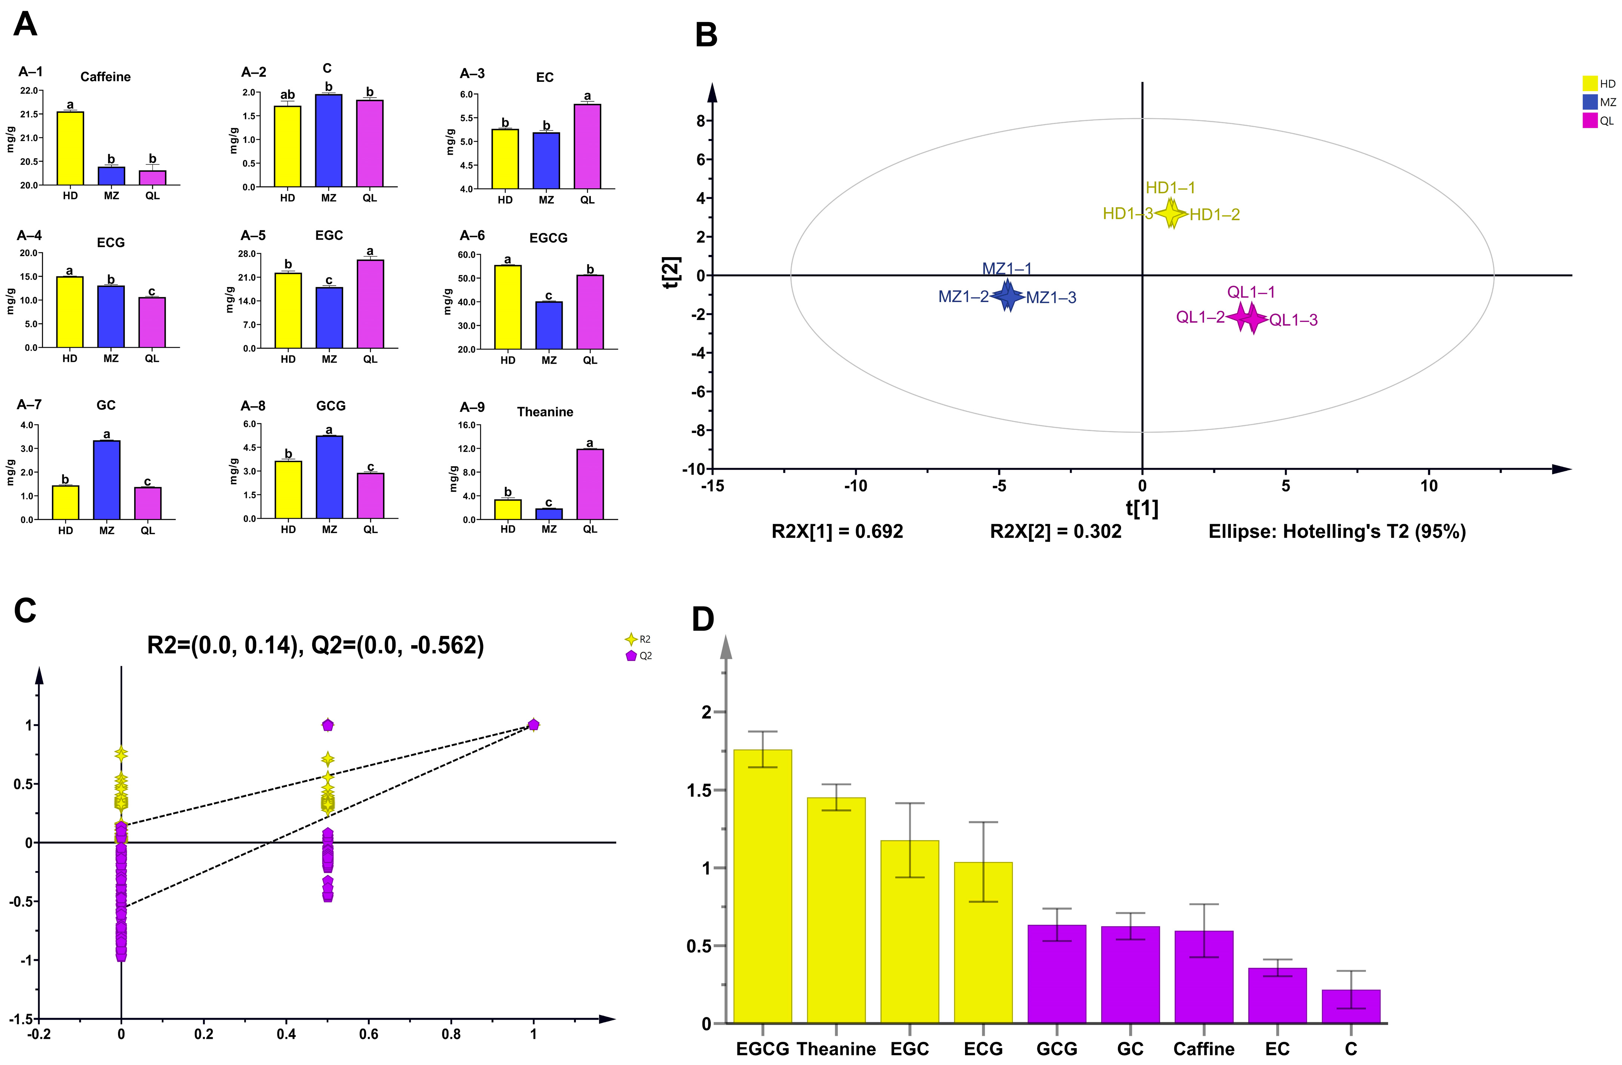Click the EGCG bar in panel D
763,886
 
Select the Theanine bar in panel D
836,909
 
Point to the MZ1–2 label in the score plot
963,297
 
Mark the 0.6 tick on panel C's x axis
369,1034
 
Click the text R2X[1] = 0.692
837,532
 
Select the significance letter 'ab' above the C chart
288,95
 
